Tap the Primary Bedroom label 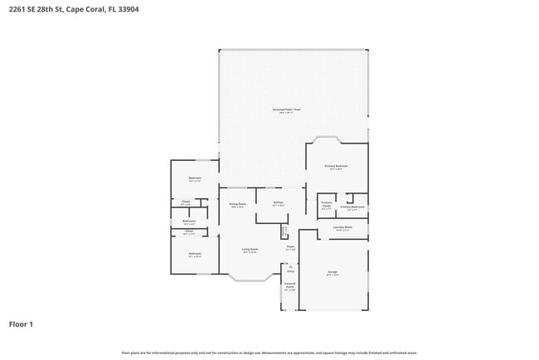[335, 167]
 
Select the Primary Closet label [327, 206]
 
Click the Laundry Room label [342, 227]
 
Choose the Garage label [332, 272]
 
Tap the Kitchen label [279, 202]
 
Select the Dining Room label [236, 204]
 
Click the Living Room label [250, 250]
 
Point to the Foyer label [290, 247]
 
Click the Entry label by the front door [290, 271]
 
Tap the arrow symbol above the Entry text [290, 265]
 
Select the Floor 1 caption [21, 324]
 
